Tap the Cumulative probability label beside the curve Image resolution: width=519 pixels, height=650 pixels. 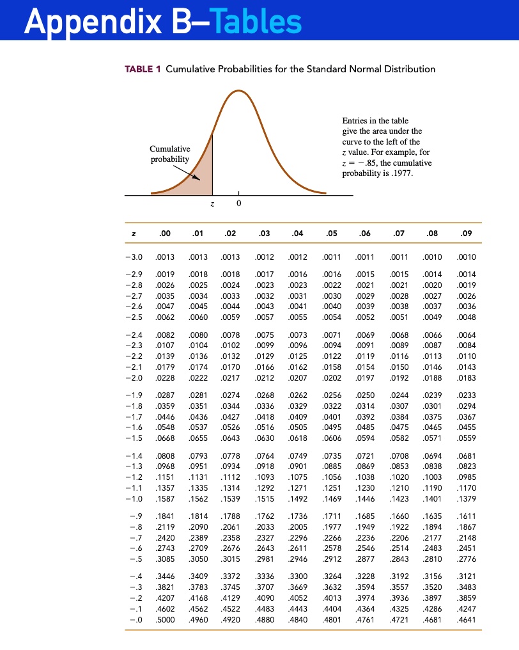tap(170, 154)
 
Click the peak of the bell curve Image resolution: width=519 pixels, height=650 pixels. tap(238, 91)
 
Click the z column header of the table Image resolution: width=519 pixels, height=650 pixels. tap(132, 234)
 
